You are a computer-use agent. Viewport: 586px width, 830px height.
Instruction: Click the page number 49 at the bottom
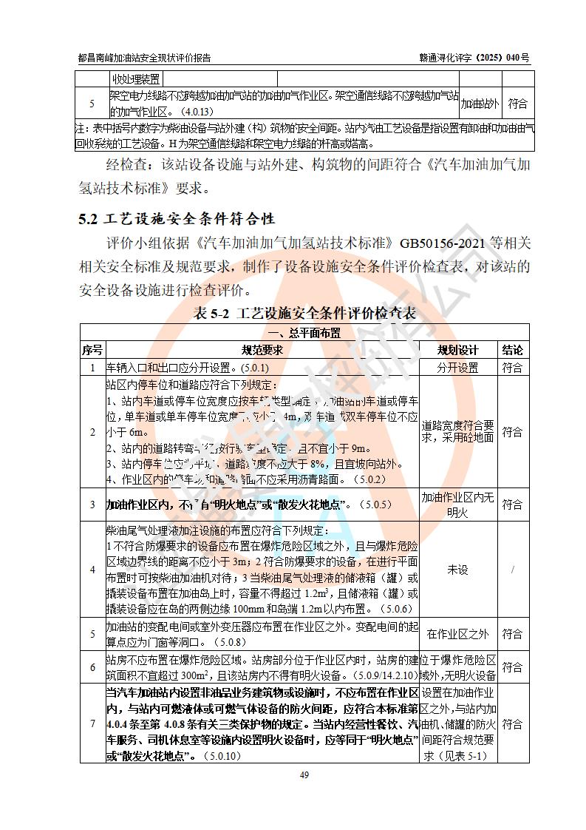(x=304, y=775)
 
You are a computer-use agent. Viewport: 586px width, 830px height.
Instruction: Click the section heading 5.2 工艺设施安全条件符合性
(x=177, y=219)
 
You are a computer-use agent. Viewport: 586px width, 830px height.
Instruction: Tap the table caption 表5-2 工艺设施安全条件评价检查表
(x=304, y=313)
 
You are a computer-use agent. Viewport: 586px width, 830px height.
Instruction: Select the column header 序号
(x=92, y=350)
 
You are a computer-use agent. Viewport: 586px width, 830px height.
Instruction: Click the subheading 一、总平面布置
(x=304, y=334)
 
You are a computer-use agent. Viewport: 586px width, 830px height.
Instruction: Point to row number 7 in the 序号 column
(x=92, y=723)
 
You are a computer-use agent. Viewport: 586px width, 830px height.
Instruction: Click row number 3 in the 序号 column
(x=92, y=505)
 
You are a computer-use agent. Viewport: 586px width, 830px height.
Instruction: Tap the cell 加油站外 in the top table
(x=480, y=104)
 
